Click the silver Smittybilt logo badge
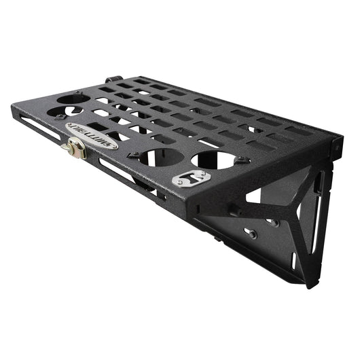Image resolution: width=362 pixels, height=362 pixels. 92,134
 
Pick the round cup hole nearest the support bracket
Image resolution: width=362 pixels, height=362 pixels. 218,161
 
